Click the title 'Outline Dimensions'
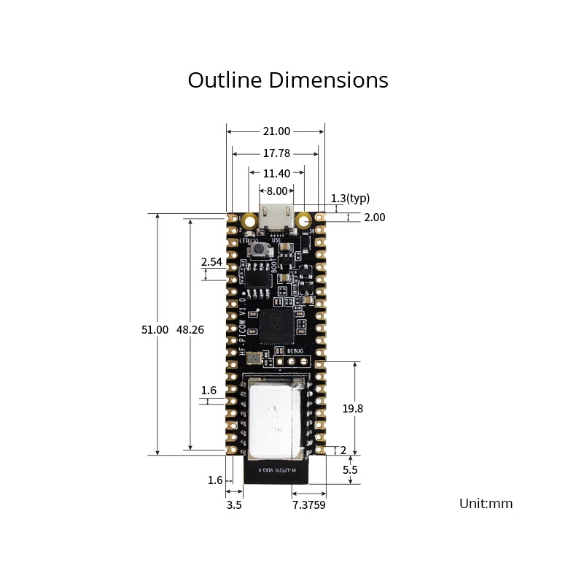click(288, 80)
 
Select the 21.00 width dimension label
click(276, 131)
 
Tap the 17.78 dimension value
click(276, 153)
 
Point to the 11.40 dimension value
click(276, 173)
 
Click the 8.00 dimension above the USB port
click(276, 191)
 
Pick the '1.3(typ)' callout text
click(351, 198)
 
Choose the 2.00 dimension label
click(374, 217)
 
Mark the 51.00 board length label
click(155, 329)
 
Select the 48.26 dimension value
click(190, 329)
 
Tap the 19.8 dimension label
click(352, 409)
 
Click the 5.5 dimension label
click(350, 470)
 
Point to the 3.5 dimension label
click(234, 504)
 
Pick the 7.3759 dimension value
click(309, 504)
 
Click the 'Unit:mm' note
click(486, 503)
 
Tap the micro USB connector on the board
click(276, 217)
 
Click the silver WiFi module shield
click(275, 417)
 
